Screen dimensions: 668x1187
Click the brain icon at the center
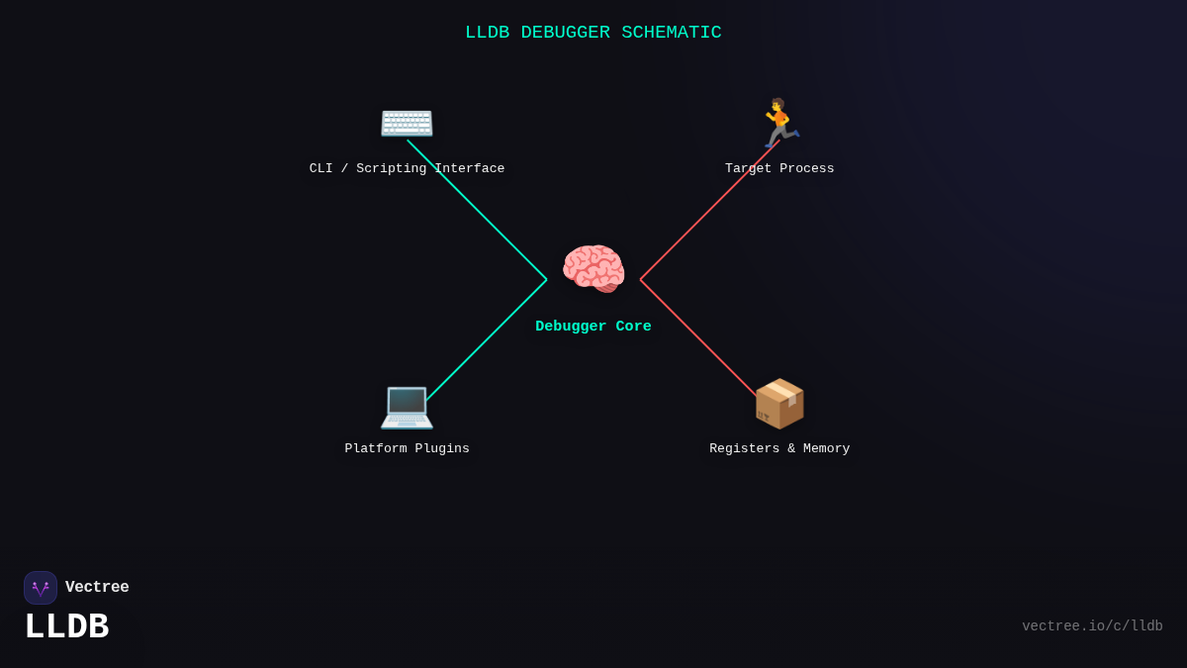(x=593, y=269)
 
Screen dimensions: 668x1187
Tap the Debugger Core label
(x=593, y=327)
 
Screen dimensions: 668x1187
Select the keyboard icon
(x=407, y=123)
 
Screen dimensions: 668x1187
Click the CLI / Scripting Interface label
(x=407, y=169)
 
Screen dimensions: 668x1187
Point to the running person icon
(x=779, y=123)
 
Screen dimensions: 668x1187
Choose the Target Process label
(x=779, y=169)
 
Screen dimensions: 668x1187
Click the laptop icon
(x=407, y=405)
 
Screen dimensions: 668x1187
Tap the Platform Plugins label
(x=407, y=449)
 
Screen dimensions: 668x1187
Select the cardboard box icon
(x=779, y=404)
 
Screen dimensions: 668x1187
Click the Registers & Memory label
(x=779, y=449)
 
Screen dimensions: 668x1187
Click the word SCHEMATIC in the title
(x=672, y=33)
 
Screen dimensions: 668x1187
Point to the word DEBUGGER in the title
(x=565, y=33)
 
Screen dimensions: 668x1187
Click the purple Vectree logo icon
(x=41, y=588)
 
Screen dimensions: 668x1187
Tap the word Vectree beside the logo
(x=97, y=588)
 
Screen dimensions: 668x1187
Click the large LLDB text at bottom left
(x=66, y=627)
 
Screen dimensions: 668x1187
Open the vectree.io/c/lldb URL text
(x=1092, y=626)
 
